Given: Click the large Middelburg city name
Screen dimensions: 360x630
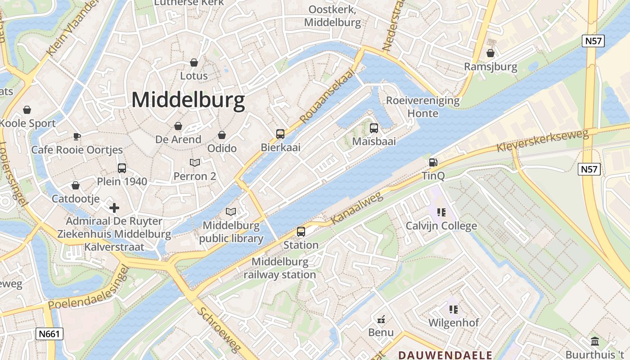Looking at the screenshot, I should (188, 100).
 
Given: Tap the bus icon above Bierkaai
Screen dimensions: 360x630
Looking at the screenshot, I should (280, 134).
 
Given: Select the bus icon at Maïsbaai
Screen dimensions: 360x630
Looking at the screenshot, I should (374, 128).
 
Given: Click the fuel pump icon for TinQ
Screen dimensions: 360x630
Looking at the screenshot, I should (433, 162).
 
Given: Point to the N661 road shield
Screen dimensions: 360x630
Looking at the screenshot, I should (49, 333).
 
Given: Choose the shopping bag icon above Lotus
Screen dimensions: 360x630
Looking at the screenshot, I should (194, 63).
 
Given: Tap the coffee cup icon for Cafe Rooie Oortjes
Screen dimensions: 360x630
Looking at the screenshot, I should (77, 136).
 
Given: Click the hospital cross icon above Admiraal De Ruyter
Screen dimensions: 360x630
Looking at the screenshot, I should (114, 208).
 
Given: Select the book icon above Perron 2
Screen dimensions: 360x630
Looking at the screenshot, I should (195, 162).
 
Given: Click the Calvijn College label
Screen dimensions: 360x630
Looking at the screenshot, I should (441, 225).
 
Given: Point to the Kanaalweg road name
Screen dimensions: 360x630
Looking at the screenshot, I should (356, 208).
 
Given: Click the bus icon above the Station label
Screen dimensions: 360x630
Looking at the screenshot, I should (301, 232).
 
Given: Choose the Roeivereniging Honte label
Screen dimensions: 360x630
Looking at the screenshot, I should (423, 107).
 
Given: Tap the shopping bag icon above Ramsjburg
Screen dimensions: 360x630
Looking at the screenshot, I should (490, 54).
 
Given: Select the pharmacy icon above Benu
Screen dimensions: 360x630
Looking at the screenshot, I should (381, 319).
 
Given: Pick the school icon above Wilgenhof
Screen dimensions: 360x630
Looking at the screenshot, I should (453, 309).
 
